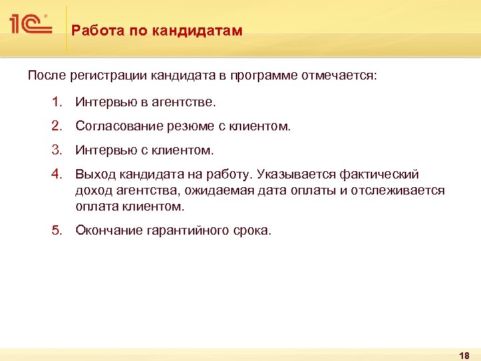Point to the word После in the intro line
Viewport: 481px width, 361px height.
pyautogui.click(x=45, y=76)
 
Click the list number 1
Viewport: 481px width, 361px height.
pyautogui.click(x=57, y=103)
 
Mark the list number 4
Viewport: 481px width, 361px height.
pyautogui.click(x=57, y=174)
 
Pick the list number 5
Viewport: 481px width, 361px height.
pyautogui.click(x=57, y=231)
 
